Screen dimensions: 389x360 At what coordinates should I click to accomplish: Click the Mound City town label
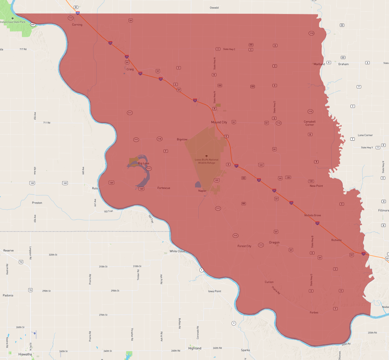click(219, 122)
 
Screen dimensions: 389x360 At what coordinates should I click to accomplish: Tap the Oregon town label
click(274, 243)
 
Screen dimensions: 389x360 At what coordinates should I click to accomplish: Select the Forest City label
click(244, 246)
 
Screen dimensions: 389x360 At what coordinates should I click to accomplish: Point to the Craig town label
click(130, 69)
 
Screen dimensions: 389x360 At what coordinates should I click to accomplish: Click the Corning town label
click(77, 25)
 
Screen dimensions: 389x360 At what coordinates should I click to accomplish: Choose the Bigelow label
click(182, 139)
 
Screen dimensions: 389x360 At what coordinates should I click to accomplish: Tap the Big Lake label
click(144, 163)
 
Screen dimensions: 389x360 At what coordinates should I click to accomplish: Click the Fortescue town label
click(164, 188)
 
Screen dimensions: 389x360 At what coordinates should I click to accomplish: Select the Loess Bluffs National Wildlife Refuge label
click(206, 161)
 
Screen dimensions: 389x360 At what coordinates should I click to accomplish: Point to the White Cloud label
click(177, 251)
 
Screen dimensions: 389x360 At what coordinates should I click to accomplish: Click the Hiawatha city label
click(25, 354)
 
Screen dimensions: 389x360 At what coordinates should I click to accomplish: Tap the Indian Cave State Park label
click(13, 22)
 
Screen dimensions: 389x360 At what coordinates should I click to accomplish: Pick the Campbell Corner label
click(309, 123)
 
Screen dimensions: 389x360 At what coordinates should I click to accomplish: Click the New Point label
click(316, 186)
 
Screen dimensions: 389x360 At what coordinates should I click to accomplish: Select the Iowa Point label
click(215, 291)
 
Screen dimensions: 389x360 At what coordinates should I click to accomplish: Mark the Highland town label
click(195, 348)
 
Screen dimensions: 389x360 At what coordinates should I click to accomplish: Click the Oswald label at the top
click(214, 8)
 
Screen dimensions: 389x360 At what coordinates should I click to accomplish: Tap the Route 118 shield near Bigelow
click(159, 139)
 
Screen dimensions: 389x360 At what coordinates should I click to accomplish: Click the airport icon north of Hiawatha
click(35, 333)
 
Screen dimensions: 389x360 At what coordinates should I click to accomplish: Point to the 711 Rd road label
click(47, 123)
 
